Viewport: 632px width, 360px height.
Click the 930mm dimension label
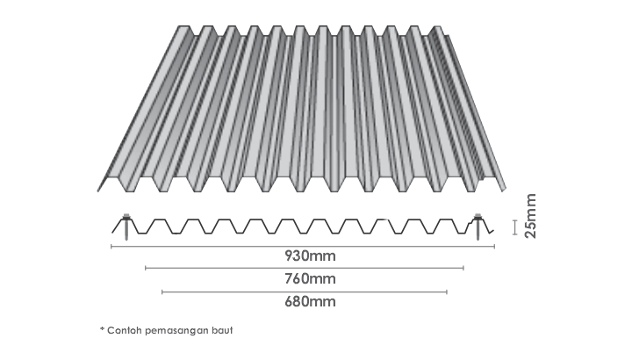tap(310, 256)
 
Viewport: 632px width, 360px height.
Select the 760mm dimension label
tap(310, 278)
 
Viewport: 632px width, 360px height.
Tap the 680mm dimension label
tap(310, 301)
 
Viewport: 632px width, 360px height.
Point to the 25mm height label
tap(531, 216)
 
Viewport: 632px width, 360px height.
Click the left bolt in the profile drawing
tap(126, 227)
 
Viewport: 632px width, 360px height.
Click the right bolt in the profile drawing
tap(478, 227)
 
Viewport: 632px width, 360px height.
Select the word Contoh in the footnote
tap(124, 330)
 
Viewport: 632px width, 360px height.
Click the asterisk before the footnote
tap(102, 329)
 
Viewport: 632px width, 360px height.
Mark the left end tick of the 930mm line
tap(111, 247)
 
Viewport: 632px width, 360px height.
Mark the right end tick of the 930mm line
tap(494, 247)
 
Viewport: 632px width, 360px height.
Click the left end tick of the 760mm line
tap(146, 268)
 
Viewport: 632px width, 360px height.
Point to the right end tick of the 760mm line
tap(463, 268)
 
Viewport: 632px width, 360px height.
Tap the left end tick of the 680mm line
tap(162, 292)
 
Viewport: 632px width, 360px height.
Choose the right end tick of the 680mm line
tap(447, 292)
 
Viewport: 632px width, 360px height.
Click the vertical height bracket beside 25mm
tap(514, 227)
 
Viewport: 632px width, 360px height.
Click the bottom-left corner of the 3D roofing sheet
tap(98, 191)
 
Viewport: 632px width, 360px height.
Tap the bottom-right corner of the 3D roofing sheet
tap(505, 190)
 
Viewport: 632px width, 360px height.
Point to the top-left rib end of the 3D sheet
tap(183, 27)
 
